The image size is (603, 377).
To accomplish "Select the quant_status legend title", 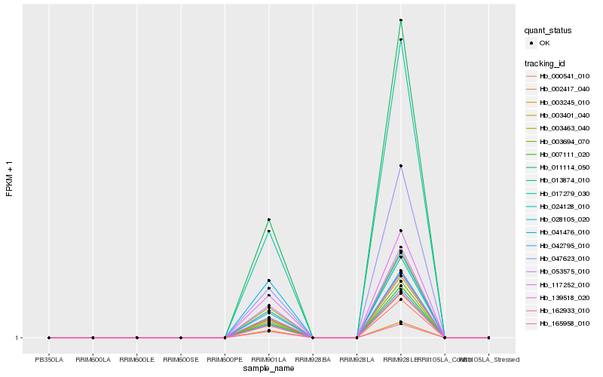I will click(548, 30).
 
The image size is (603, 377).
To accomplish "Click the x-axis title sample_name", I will click(269, 369).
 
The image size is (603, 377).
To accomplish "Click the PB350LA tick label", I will click(49, 360).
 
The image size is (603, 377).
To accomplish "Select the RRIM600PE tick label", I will click(225, 360).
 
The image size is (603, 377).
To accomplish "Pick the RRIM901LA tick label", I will click(268, 360).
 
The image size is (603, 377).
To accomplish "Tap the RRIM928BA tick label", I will click(313, 360).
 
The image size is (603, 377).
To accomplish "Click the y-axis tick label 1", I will click(17, 338).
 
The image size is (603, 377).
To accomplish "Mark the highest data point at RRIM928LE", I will click(401, 20).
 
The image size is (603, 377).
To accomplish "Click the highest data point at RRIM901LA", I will click(269, 219).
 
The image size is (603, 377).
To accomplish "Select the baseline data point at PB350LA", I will click(49, 338).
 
